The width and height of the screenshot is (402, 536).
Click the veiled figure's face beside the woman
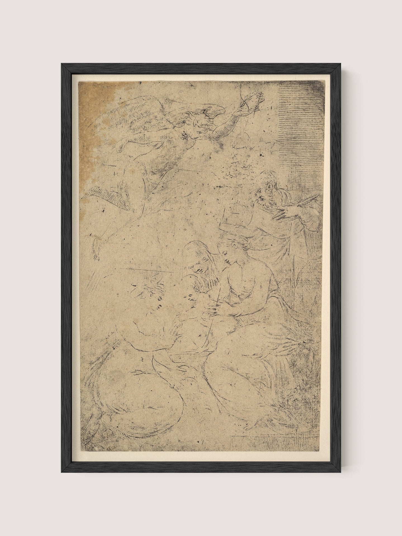pyautogui.click(x=197, y=265)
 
